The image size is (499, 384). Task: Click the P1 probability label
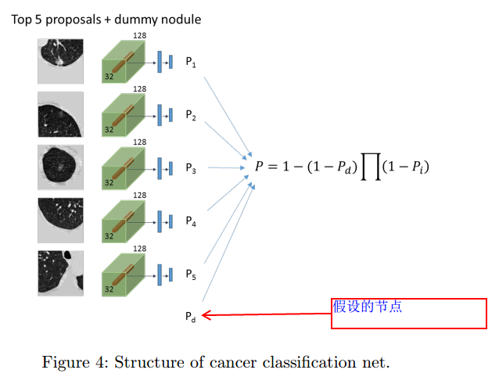[191, 62]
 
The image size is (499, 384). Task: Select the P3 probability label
[191, 168]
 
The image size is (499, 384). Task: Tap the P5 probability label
[191, 275]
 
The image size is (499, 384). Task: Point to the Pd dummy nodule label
[191, 317]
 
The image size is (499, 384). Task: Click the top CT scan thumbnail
[60, 62]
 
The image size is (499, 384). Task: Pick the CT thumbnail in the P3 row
[60, 167]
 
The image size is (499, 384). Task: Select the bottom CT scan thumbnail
[60, 273]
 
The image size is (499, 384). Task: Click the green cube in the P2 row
[124, 115]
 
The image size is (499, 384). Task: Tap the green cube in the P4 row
[124, 221]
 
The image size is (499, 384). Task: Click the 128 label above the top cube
[140, 36]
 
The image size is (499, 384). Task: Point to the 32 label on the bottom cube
[109, 289]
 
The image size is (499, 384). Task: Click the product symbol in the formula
[371, 167]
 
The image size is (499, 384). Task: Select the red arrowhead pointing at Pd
[206, 315]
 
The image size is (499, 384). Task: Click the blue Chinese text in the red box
[368, 307]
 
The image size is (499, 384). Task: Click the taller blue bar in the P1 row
[160, 62]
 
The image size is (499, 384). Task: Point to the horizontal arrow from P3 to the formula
[226, 167]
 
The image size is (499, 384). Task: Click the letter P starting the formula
[260, 166]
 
